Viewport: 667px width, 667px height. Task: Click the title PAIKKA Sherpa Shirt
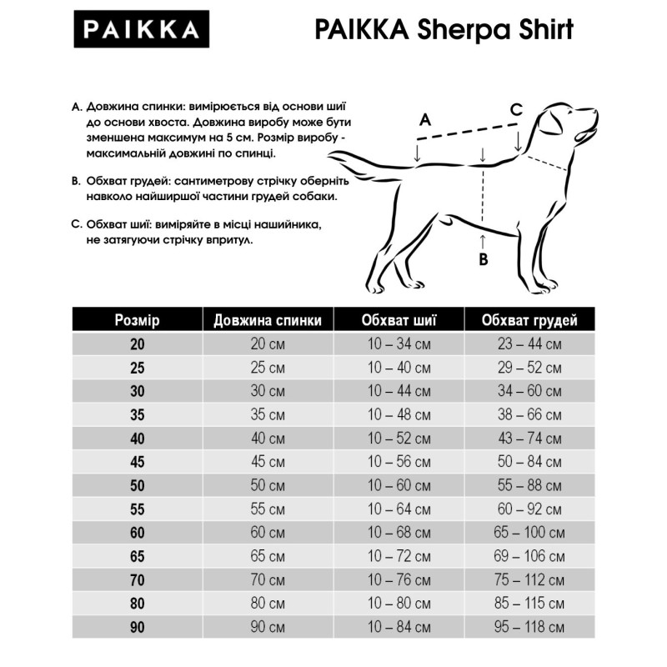click(444, 31)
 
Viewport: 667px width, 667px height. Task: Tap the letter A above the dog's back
click(424, 120)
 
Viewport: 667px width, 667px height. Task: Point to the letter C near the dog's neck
click(516, 109)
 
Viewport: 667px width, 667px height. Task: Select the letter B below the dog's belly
click(483, 259)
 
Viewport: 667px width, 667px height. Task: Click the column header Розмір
click(137, 321)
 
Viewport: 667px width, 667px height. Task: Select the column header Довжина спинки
click(267, 321)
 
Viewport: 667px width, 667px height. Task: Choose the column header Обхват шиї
click(399, 321)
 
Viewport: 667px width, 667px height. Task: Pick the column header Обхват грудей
click(529, 321)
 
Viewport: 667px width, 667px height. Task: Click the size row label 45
click(137, 461)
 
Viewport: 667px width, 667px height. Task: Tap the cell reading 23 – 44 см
click(529, 344)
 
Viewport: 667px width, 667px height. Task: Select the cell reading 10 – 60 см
click(399, 484)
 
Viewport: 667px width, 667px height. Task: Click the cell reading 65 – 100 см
click(529, 531)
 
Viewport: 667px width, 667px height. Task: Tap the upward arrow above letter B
click(483, 240)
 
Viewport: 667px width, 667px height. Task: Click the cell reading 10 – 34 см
click(399, 344)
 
